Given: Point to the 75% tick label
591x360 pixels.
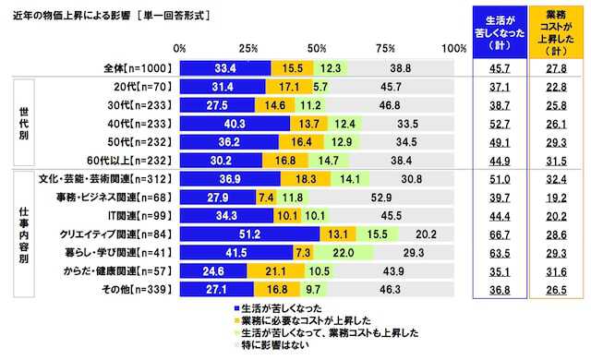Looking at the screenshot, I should point(386,47).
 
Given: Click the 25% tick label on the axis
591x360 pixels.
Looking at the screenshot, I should point(247,47).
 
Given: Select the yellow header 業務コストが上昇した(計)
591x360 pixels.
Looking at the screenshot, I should point(555,30).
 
